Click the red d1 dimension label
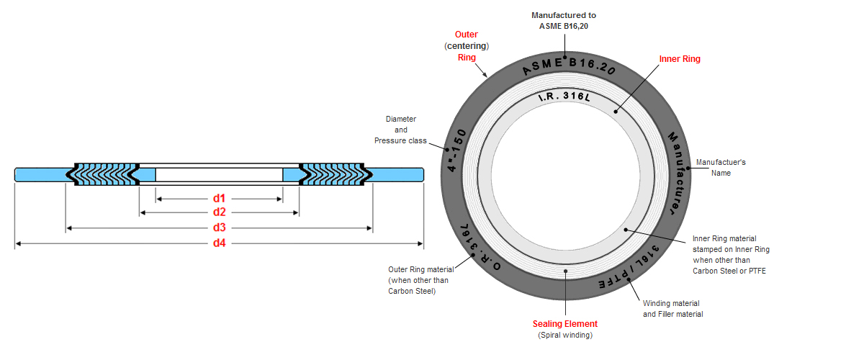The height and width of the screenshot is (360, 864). point(220,198)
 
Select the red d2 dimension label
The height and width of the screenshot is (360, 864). point(220,212)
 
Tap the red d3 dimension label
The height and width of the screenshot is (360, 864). point(220,228)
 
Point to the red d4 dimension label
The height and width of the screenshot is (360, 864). point(220,243)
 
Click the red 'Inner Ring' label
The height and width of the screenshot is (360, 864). point(680,59)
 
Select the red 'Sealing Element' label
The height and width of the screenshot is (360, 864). point(564,324)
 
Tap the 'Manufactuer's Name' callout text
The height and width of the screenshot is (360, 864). point(720,168)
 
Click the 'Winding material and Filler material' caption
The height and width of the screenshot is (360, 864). point(672,309)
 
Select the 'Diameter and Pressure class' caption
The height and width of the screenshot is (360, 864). point(400,130)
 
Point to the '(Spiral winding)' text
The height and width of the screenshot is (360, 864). point(564,336)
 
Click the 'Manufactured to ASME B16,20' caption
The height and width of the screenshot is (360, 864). point(564,21)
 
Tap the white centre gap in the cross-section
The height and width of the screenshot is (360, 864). point(219,174)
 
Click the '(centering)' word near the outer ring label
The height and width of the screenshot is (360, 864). point(467,46)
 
